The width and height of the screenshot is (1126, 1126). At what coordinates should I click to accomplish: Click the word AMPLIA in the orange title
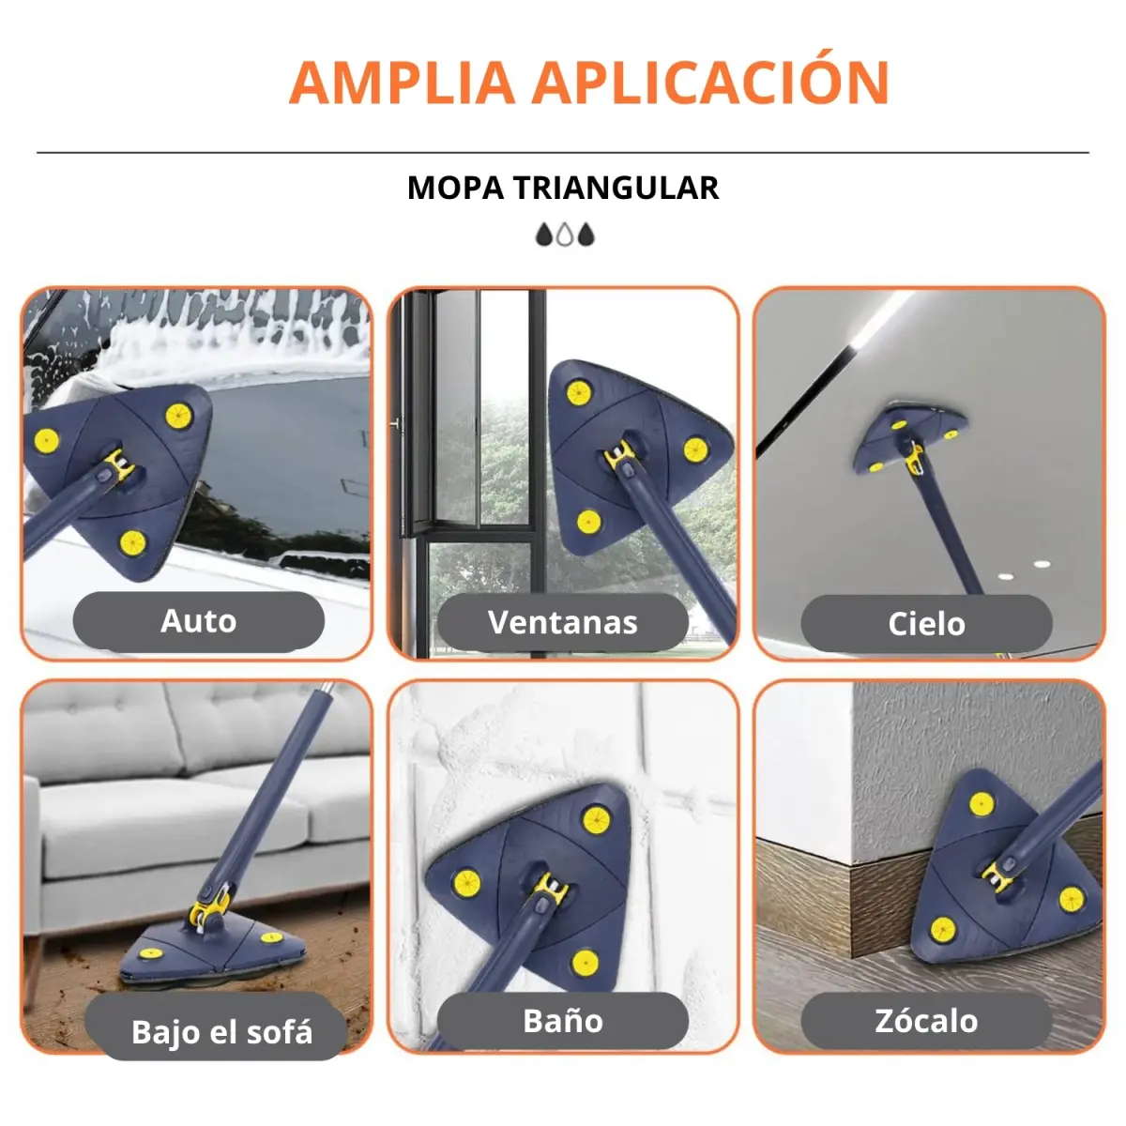(403, 83)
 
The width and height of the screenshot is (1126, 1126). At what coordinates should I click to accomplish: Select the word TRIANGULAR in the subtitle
(616, 189)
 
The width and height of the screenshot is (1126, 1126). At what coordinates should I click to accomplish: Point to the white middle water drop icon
(565, 235)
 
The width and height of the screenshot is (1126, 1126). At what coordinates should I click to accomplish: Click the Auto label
(199, 620)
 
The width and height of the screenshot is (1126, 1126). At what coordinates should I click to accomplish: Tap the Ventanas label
(563, 622)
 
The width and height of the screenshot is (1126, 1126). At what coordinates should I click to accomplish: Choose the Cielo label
(926, 623)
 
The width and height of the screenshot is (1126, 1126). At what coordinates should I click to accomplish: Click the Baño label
(563, 1021)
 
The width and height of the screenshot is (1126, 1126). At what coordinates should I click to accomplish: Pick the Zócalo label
(926, 1021)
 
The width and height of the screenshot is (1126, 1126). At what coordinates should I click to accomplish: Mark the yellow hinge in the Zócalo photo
(997, 877)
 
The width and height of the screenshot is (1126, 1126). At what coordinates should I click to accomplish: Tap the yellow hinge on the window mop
(620, 453)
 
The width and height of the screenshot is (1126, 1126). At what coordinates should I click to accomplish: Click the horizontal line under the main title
(563, 153)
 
